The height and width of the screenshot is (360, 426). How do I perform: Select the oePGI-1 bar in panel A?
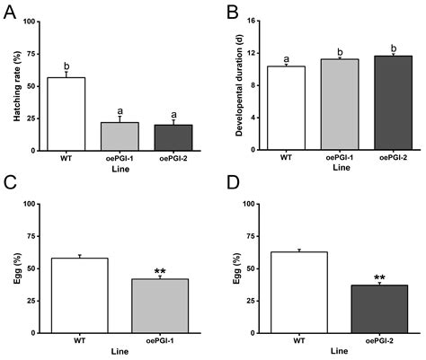tap(119, 136)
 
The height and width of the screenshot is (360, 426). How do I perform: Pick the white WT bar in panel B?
tap(285, 108)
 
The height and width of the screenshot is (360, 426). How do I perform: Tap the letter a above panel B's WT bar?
tap(285, 57)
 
